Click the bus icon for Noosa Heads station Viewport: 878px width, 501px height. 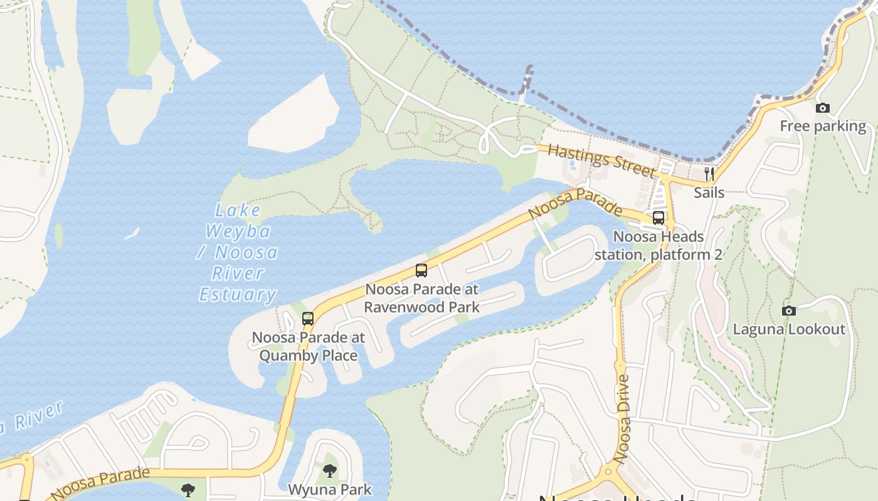(658, 218)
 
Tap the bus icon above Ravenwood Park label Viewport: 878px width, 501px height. (421, 271)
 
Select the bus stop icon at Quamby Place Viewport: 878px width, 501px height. (307, 318)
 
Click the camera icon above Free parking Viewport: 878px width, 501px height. (823, 108)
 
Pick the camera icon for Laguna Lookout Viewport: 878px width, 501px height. (789, 311)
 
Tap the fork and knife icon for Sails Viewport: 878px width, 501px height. (709, 173)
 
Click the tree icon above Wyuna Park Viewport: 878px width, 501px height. (329, 471)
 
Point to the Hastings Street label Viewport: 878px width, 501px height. (601, 160)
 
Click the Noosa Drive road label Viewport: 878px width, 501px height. (623, 418)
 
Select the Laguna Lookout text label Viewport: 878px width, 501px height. (789, 329)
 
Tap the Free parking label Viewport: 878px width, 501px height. (823, 126)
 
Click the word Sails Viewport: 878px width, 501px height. (709, 192)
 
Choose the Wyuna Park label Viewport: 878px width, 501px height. (330, 489)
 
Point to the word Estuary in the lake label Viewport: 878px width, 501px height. (238, 294)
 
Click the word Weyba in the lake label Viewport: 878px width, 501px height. (238, 231)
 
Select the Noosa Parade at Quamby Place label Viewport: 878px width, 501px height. (308, 346)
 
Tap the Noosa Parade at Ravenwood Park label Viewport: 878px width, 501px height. (421, 298)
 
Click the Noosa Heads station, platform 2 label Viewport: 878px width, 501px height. (658, 245)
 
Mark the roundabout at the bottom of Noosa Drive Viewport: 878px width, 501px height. (607, 473)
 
